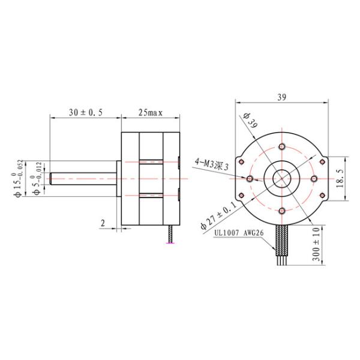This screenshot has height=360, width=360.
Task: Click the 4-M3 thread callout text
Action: pyautogui.click(x=212, y=164)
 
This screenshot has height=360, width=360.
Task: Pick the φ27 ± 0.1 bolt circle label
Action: pyautogui.click(x=219, y=220)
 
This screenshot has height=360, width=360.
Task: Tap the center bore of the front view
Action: pyautogui.click(x=282, y=179)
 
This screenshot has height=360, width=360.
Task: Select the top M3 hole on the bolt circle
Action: pyautogui.click(x=282, y=146)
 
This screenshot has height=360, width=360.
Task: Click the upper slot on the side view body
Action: pyautogui.click(x=151, y=163)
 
